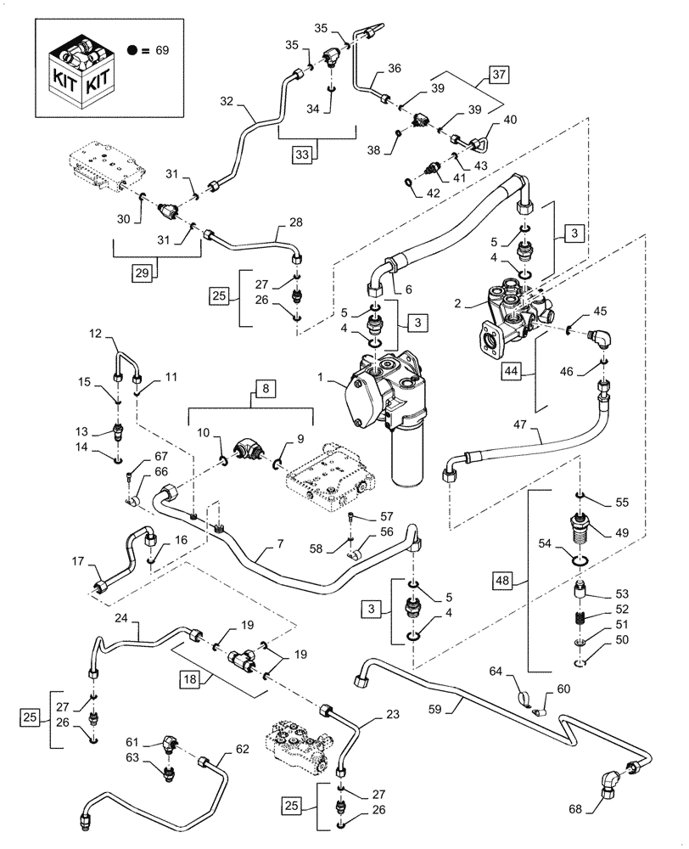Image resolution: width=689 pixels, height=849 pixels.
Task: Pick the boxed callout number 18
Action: tap(193, 680)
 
